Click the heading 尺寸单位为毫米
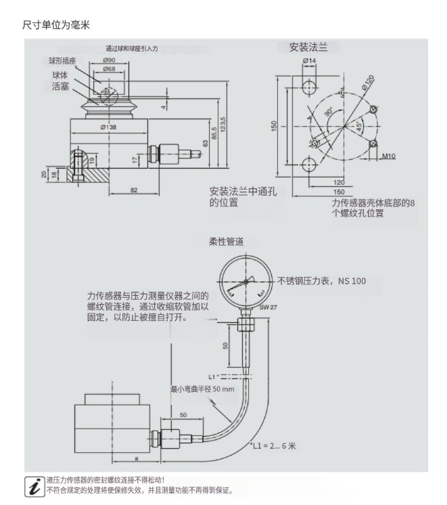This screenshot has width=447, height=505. (57, 24)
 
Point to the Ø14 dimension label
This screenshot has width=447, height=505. (309, 61)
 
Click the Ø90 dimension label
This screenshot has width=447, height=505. (108, 61)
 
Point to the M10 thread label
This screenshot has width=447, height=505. (388, 156)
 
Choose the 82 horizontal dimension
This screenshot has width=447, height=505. (134, 191)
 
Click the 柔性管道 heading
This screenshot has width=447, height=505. (226, 241)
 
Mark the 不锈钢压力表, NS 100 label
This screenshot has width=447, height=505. (322, 281)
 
